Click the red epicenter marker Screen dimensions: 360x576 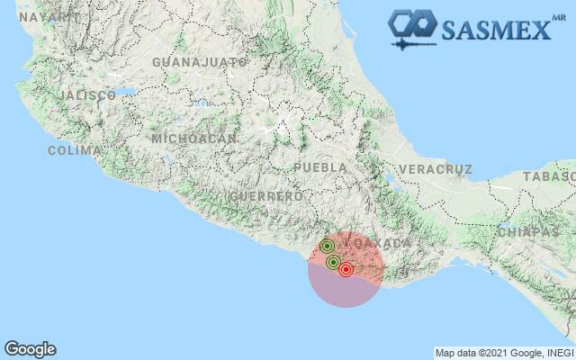point(346,270)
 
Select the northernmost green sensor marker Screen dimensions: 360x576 point(328,246)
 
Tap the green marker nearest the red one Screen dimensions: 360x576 point(334,263)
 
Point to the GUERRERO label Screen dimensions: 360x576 point(265,196)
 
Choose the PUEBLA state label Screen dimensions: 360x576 point(320,167)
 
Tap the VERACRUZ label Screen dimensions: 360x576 point(435,169)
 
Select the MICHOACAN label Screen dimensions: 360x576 point(194,139)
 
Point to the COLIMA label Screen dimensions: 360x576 point(74,150)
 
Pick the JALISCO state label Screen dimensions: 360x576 point(87,94)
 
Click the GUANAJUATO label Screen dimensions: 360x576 point(200,62)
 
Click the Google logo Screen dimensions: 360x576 point(30,349)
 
